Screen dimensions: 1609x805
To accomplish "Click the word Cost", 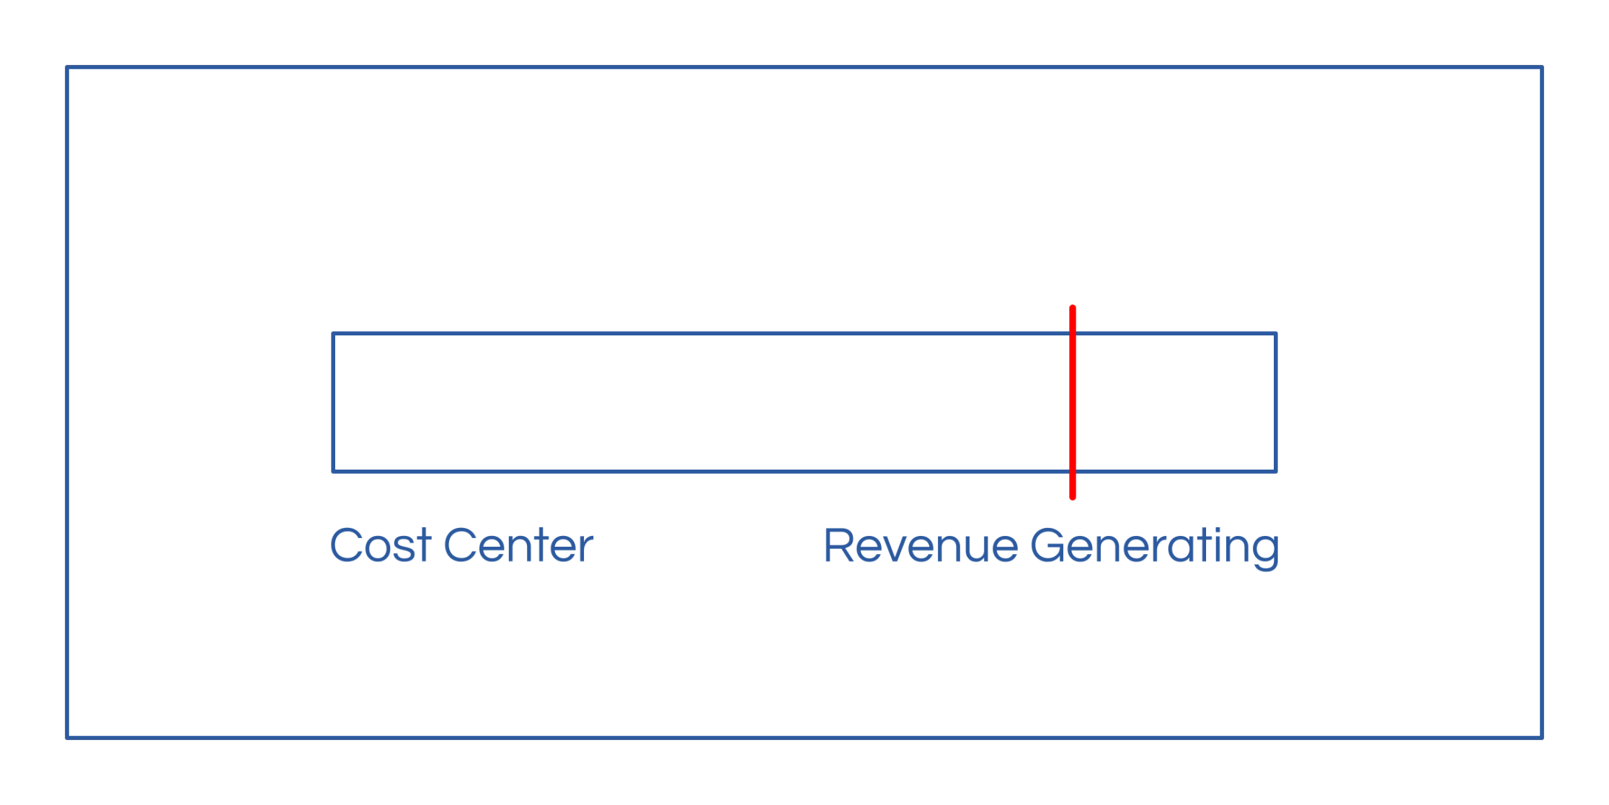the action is (380, 545).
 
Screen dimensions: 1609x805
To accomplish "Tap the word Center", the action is (518, 545).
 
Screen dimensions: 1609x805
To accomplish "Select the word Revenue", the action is (921, 546).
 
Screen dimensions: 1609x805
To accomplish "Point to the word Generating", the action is (1155, 547).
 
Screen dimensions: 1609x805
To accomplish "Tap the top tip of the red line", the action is (1073, 308).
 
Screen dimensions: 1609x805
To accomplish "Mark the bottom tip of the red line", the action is (1073, 496).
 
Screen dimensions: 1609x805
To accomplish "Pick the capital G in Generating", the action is (1049, 546).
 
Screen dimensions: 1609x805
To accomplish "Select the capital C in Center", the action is (461, 545).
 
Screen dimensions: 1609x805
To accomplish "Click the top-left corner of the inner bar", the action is (333, 333).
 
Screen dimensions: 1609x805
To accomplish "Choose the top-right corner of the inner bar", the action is (1276, 333).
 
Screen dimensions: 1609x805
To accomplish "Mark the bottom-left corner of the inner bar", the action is (333, 472).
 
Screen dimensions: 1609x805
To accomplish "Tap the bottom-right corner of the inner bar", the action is (1276, 472).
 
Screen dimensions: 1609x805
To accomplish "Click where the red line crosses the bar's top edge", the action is (1073, 333).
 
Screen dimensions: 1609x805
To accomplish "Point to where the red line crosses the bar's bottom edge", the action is (1073, 472).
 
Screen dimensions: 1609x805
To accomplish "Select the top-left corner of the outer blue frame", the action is (67, 68).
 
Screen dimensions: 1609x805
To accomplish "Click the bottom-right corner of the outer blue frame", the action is (1541, 737).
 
